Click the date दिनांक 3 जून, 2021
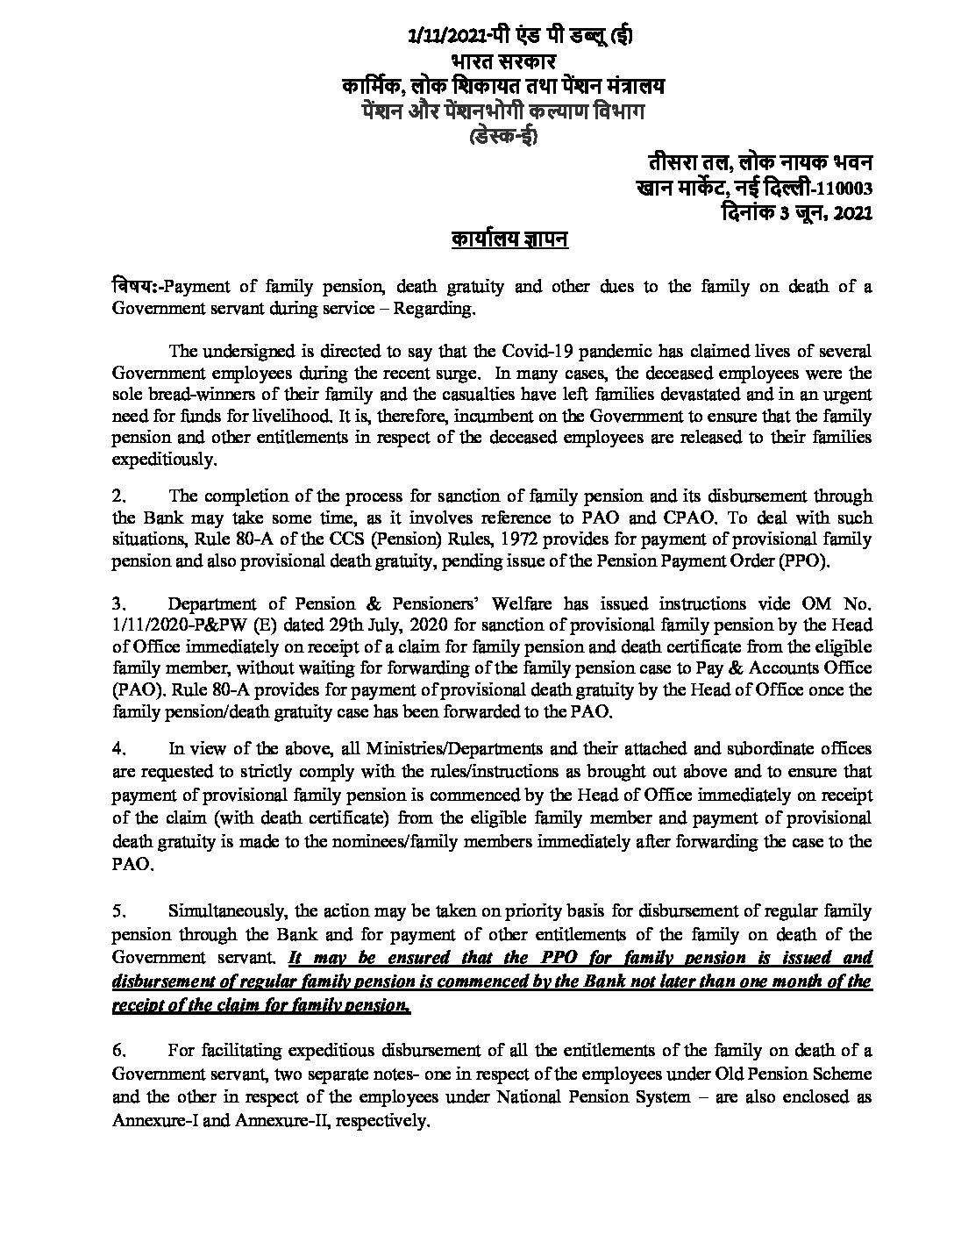tap(794, 212)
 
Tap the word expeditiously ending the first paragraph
tap(162, 459)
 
